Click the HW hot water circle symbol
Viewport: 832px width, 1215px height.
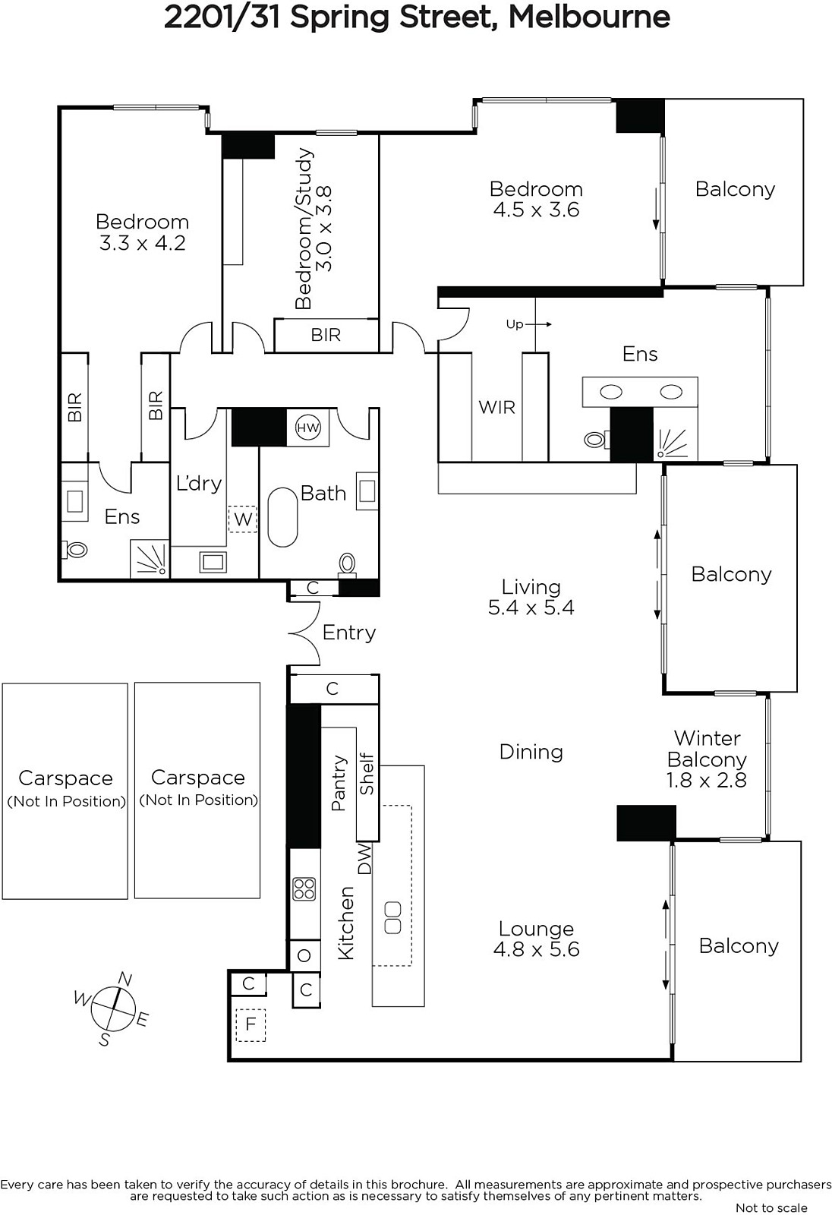[308, 428]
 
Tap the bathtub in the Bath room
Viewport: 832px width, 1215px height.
[282, 517]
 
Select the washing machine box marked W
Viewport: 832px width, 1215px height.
[242, 519]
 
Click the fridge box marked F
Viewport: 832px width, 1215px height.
[251, 1025]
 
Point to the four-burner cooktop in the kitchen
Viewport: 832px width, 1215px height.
[304, 889]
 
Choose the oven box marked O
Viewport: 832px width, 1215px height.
[304, 956]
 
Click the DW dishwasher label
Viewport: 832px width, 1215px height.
[365, 859]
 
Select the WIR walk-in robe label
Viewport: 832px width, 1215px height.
[496, 407]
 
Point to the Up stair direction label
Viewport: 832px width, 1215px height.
[514, 324]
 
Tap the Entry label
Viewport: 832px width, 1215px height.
[348, 633]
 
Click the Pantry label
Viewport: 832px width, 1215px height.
[339, 783]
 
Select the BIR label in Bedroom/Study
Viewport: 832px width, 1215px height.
[326, 335]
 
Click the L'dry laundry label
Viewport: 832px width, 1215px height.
[199, 483]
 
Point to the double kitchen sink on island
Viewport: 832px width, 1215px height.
[392, 918]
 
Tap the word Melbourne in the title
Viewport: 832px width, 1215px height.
[589, 17]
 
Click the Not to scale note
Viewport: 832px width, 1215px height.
[771, 1207]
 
